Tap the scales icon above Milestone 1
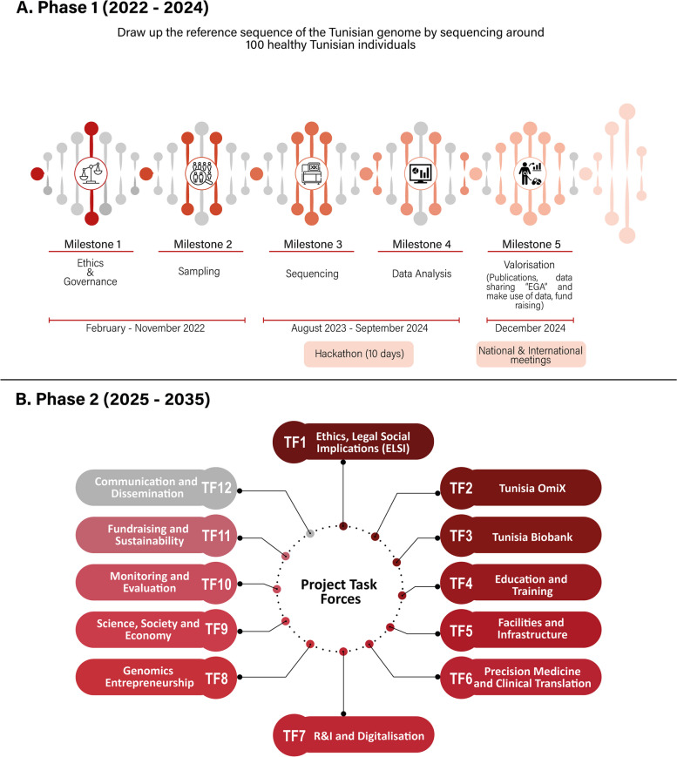click(x=91, y=172)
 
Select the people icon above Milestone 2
click(x=201, y=172)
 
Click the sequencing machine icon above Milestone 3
click(x=311, y=172)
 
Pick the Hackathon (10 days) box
click(x=358, y=355)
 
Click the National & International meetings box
click(x=530, y=354)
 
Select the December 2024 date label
click(x=530, y=328)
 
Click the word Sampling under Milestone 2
click(x=201, y=271)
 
